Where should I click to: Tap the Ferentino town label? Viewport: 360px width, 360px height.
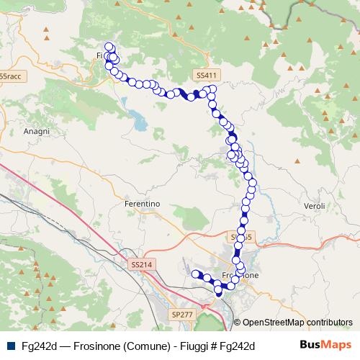coord(142,204)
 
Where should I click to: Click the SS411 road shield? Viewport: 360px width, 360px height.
coord(205,75)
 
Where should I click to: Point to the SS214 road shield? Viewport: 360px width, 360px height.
coord(143,265)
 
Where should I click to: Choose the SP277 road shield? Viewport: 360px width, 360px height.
coord(182,315)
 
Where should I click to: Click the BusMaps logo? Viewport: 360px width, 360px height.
coord(325,345)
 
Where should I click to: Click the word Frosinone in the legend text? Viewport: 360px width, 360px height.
coord(99,346)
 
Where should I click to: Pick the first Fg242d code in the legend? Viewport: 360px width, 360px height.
coord(40,346)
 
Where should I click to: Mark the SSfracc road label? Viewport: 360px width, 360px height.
coord(11,75)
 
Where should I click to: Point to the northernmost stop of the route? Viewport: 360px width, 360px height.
coord(109,48)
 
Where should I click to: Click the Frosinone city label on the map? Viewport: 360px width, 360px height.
coord(240,276)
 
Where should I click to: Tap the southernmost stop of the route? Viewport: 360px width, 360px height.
coord(219,292)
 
